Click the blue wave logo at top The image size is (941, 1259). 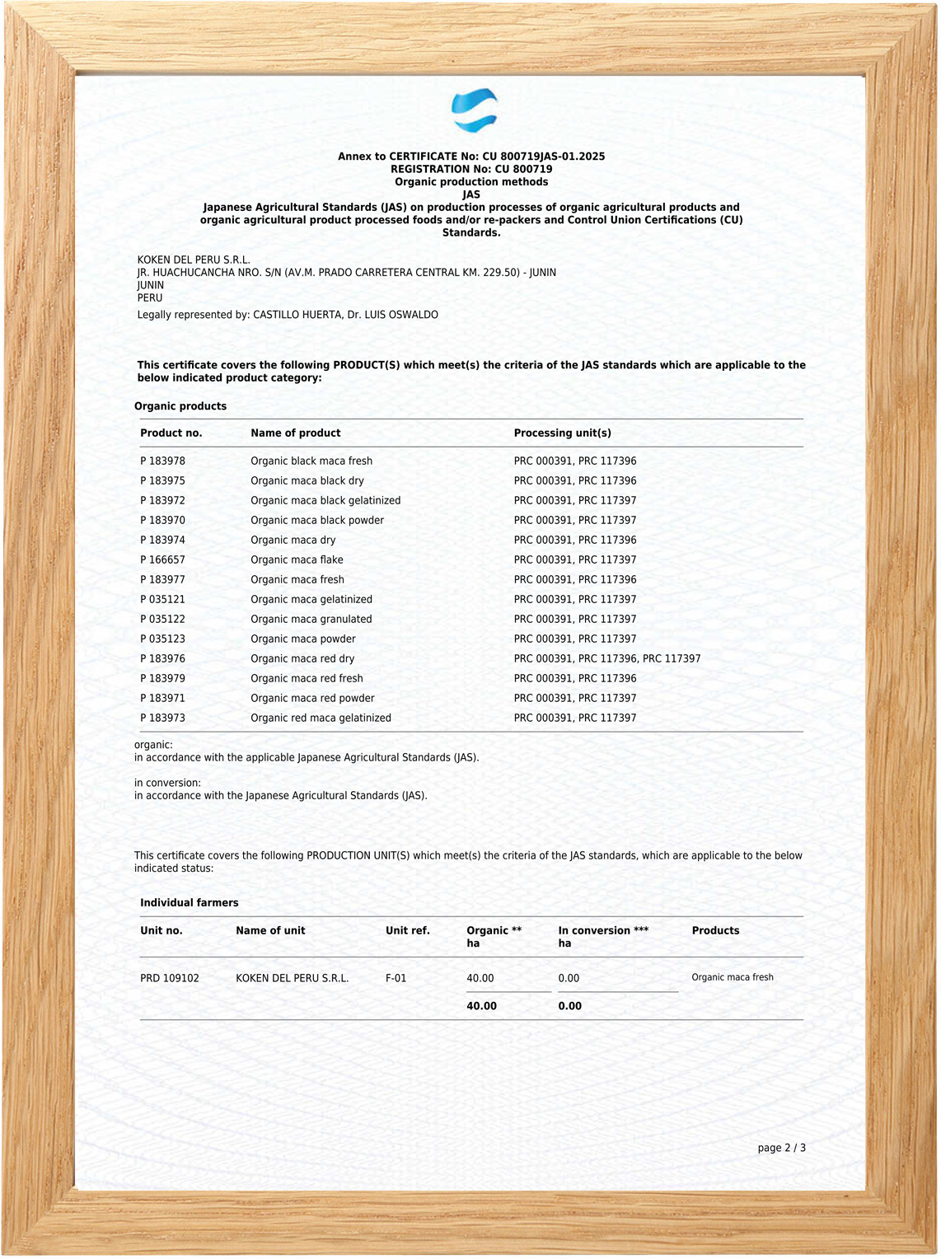tap(474, 110)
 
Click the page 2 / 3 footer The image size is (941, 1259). tap(781, 1148)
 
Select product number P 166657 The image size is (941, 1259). tap(162, 559)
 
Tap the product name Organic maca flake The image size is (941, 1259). tap(297, 559)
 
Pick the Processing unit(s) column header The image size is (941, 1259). tap(562, 433)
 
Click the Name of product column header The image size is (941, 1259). tap(295, 433)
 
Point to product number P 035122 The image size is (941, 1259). tap(162, 619)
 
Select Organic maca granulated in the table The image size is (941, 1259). tap(311, 619)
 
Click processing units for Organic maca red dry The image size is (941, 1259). tap(606, 658)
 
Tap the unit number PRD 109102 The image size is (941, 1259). tap(169, 978)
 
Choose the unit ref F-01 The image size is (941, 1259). tap(396, 978)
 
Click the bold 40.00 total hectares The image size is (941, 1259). tap(481, 1006)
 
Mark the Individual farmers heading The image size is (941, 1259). tap(189, 902)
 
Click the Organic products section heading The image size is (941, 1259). tap(180, 406)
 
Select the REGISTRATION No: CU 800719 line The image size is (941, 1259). tap(471, 169)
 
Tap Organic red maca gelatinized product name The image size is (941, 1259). tap(321, 718)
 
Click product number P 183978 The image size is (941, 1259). tap(162, 461)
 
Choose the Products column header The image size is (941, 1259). tap(715, 930)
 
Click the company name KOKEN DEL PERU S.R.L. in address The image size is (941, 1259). tap(194, 260)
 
